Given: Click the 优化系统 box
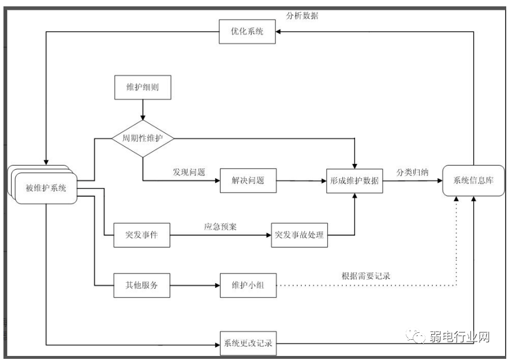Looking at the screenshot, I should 247,32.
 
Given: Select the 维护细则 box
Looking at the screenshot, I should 141,87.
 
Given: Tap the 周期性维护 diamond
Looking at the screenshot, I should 142,138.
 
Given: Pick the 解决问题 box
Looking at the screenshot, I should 248,181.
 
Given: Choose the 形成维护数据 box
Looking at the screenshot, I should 354,181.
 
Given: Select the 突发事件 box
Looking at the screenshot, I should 141,235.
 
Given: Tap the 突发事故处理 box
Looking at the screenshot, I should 299,235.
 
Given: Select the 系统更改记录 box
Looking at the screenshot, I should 248,344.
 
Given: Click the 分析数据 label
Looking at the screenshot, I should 302,16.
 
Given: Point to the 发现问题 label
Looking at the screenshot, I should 189,172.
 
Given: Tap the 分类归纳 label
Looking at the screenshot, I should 412,172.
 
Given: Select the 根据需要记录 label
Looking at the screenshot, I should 366,276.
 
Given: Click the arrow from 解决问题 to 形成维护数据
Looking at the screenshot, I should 300,181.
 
